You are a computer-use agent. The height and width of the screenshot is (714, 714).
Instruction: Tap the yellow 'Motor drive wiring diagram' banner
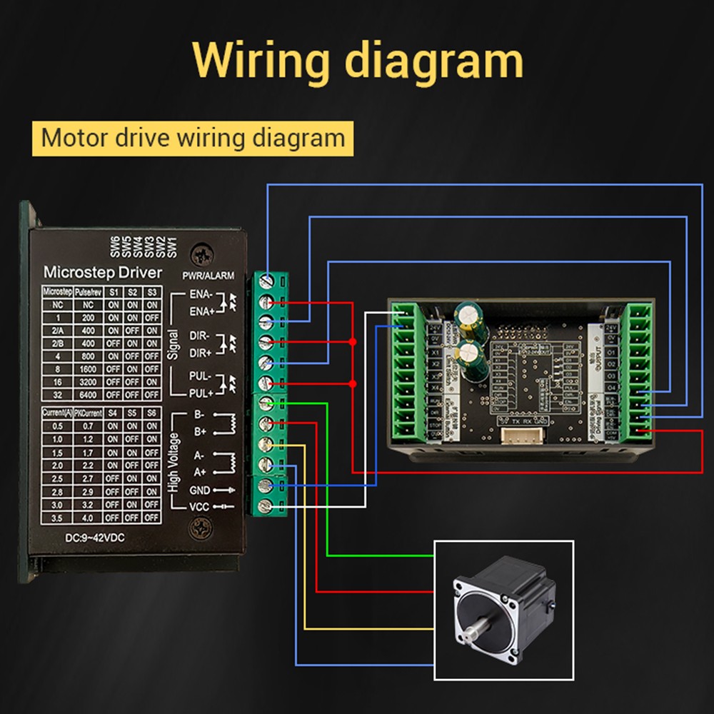(x=193, y=137)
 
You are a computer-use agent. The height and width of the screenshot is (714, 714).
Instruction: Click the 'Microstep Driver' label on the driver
(x=103, y=272)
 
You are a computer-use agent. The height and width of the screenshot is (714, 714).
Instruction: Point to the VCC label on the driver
(x=199, y=507)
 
